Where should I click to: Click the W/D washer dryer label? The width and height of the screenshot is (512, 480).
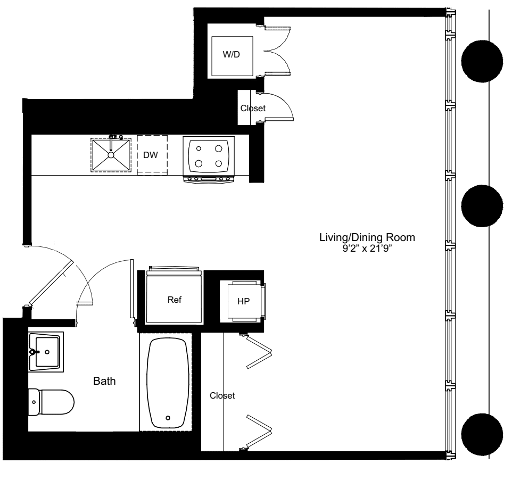(x=230, y=55)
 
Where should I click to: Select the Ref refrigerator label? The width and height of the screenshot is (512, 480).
(x=175, y=300)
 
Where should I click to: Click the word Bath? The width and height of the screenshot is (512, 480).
(x=104, y=381)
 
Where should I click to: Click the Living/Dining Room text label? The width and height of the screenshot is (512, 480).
(x=366, y=237)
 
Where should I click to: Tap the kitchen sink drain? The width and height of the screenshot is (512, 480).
(x=111, y=155)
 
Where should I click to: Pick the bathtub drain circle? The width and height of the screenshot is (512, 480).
(x=168, y=418)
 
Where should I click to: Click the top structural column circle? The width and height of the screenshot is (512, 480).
(x=482, y=61)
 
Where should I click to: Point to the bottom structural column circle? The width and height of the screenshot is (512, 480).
(x=482, y=433)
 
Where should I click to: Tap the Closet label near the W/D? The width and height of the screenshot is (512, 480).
(x=253, y=108)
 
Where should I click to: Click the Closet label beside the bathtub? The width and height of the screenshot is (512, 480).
(x=222, y=396)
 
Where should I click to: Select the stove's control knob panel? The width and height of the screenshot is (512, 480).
(x=209, y=179)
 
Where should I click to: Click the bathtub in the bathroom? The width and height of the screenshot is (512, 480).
(x=168, y=383)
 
